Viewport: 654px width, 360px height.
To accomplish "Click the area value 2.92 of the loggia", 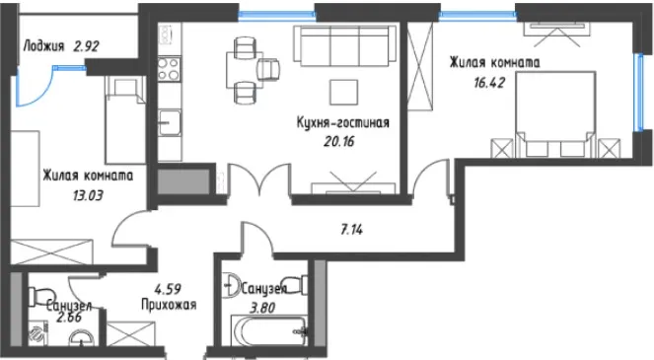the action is [87, 45].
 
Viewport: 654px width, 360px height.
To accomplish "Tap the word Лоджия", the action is [44, 45].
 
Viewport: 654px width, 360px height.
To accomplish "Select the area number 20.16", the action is [338, 142].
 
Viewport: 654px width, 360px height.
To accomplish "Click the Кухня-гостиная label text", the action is [343, 122].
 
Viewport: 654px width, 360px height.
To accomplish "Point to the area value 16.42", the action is [489, 82].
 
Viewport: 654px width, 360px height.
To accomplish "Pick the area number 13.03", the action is [88, 195].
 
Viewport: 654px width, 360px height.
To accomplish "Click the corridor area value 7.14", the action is [351, 229].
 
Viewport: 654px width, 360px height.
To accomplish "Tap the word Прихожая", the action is [169, 305].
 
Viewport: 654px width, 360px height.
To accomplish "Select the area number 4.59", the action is [168, 289].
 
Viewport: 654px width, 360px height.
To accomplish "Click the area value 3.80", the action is [262, 309].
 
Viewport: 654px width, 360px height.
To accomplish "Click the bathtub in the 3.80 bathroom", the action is [269, 330].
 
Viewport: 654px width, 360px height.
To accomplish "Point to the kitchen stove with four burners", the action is [169, 69].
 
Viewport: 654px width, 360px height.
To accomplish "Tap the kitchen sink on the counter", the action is [170, 122].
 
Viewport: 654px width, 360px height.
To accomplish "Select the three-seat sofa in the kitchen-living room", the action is [344, 46].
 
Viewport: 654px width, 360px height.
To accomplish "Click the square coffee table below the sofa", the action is [343, 92].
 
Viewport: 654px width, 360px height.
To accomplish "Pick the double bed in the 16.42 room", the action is [555, 114].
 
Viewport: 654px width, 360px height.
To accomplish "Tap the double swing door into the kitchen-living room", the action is [259, 179].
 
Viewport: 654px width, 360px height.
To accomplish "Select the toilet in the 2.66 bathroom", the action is [40, 296].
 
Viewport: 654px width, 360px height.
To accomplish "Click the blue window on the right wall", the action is [637, 93].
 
